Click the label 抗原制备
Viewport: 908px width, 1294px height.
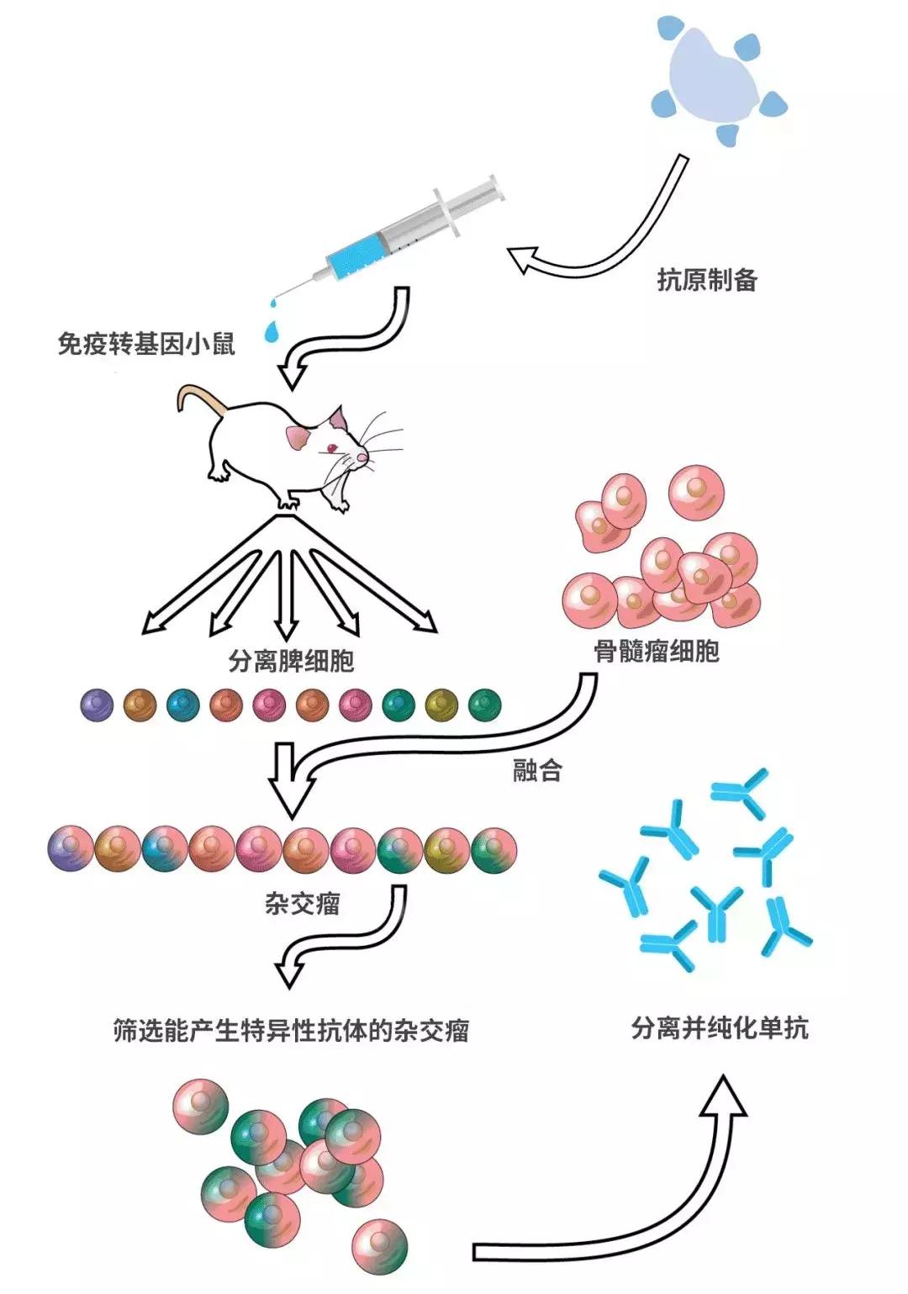point(707,280)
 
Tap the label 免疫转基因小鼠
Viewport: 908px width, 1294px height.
point(145,344)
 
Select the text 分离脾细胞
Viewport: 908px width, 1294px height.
point(291,661)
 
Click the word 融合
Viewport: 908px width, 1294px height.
point(537,770)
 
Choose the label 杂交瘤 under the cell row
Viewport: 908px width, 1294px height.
point(303,904)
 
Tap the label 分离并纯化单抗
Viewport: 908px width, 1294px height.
point(720,1027)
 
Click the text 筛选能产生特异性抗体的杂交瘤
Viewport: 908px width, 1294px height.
point(291,1031)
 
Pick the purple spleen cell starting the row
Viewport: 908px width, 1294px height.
point(98,705)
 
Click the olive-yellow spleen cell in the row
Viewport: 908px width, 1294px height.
point(441,705)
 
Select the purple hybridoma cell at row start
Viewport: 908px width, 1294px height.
point(71,849)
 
